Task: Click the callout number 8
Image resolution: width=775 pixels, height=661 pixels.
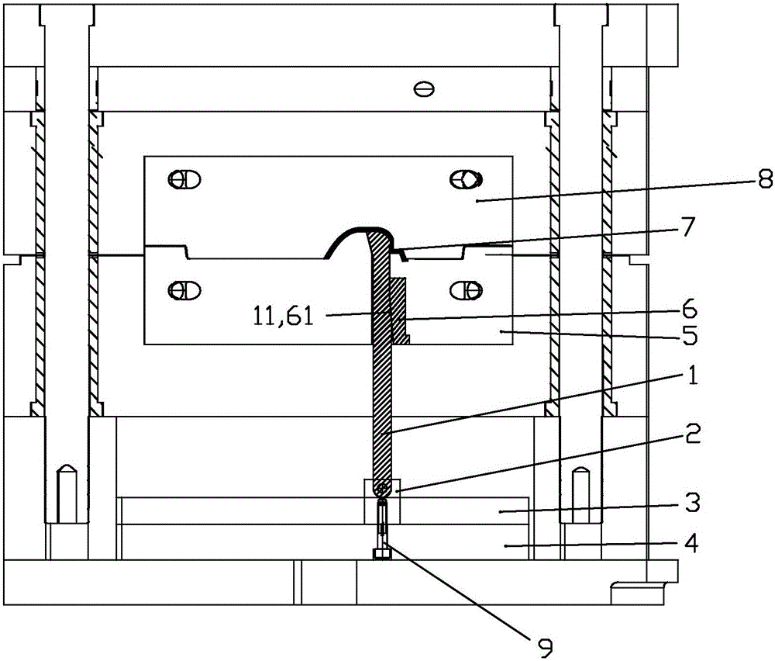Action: click(765, 178)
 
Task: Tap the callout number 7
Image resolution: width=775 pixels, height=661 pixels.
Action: click(688, 227)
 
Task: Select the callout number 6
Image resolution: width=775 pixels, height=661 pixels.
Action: click(690, 310)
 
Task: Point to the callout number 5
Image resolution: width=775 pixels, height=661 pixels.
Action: click(690, 335)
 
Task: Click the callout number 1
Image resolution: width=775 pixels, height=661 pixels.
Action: click(693, 375)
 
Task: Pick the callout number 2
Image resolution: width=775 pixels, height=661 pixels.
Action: click(692, 434)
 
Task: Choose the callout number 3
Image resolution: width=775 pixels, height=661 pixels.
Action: click(693, 503)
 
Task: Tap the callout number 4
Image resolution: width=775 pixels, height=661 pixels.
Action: click(691, 543)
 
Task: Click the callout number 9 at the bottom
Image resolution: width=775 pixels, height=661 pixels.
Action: click(545, 648)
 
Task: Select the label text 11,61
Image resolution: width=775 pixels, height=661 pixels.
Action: click(283, 316)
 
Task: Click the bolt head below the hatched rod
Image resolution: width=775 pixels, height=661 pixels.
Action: click(382, 554)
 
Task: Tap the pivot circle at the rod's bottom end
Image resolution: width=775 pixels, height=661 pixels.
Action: click(382, 490)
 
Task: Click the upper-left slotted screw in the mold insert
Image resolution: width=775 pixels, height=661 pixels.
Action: click(184, 179)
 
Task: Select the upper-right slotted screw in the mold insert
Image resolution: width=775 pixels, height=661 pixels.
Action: click(466, 179)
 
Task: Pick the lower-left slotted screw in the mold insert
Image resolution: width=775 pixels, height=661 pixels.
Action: click(184, 290)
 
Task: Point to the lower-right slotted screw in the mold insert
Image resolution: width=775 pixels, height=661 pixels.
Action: click(466, 290)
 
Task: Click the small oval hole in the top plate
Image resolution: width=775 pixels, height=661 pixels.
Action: click(424, 89)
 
